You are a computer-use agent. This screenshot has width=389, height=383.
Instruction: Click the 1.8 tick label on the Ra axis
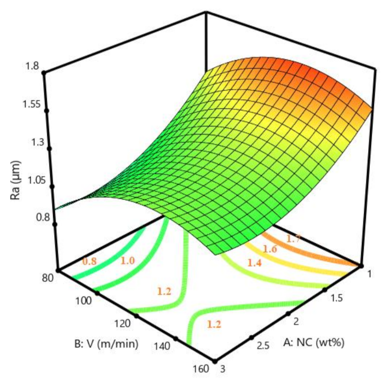(30, 67)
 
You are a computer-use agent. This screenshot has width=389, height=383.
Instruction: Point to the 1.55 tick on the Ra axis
(27, 105)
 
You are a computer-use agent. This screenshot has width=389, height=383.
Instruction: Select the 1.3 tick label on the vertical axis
(30, 143)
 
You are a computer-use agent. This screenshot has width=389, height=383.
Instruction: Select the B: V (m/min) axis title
(105, 343)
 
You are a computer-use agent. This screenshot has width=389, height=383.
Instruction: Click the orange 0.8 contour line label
(89, 262)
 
